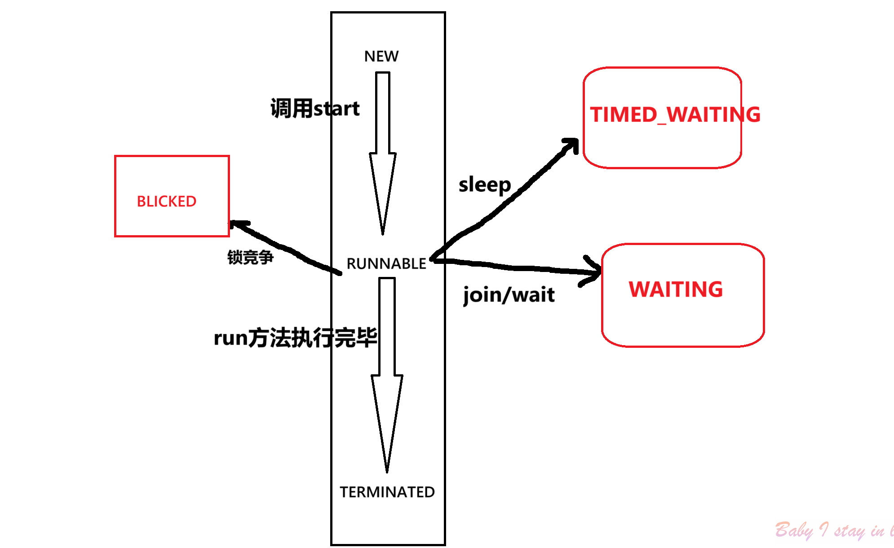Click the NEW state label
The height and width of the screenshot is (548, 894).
[381, 56]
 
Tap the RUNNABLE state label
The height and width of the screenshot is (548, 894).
[386, 263]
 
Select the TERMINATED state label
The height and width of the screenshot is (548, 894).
[387, 492]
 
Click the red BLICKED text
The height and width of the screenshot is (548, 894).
[166, 202]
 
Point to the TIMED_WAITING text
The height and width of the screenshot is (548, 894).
[675, 114]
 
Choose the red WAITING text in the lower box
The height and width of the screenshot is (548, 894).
[676, 289]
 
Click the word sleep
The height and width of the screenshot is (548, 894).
[484, 185]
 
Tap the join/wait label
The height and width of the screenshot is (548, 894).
[509, 295]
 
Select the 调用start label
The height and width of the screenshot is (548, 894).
[314, 109]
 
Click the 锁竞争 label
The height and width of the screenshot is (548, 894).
[250, 257]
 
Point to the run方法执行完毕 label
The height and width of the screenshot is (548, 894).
[295, 338]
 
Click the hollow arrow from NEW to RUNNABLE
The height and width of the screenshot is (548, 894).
[383, 153]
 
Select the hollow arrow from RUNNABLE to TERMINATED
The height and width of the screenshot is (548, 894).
[387, 373]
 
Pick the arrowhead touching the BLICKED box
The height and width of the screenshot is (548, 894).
[237, 224]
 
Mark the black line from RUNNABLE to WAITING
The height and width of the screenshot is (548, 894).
[517, 267]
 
